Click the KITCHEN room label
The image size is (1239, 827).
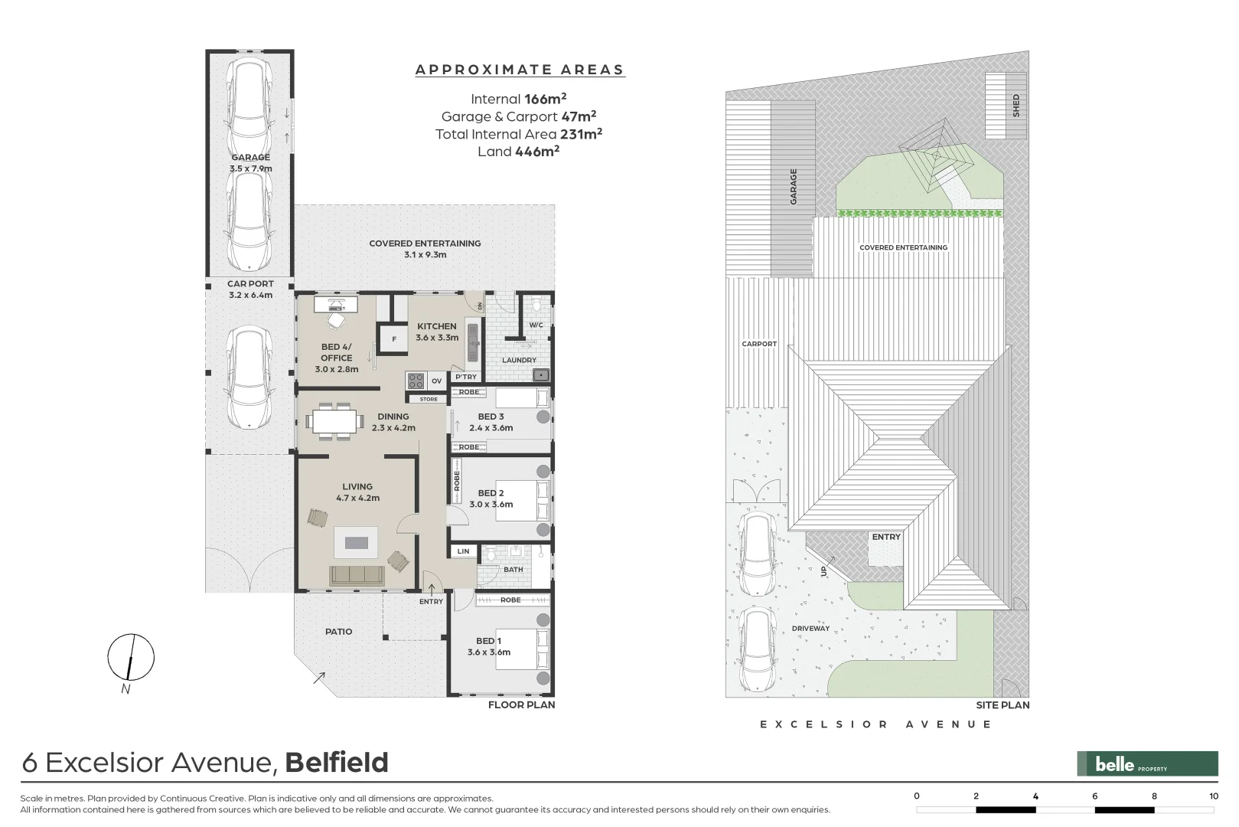(436, 326)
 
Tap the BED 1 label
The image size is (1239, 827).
(489, 641)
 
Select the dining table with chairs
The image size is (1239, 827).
(334, 420)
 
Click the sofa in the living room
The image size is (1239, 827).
(357, 576)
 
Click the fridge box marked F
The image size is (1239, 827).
(394, 339)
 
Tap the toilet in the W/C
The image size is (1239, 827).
(536, 306)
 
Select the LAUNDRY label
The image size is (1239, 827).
(519, 360)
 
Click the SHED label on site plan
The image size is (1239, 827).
(1016, 105)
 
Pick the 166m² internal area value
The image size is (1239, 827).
(545, 99)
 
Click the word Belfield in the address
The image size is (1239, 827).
(337, 763)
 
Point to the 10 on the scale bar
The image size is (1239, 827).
(1213, 796)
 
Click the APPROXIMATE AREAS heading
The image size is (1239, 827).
(520, 70)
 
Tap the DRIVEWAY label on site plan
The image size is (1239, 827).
(810, 629)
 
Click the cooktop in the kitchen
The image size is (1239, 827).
(416, 381)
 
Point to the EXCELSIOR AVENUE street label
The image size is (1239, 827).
(875, 724)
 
